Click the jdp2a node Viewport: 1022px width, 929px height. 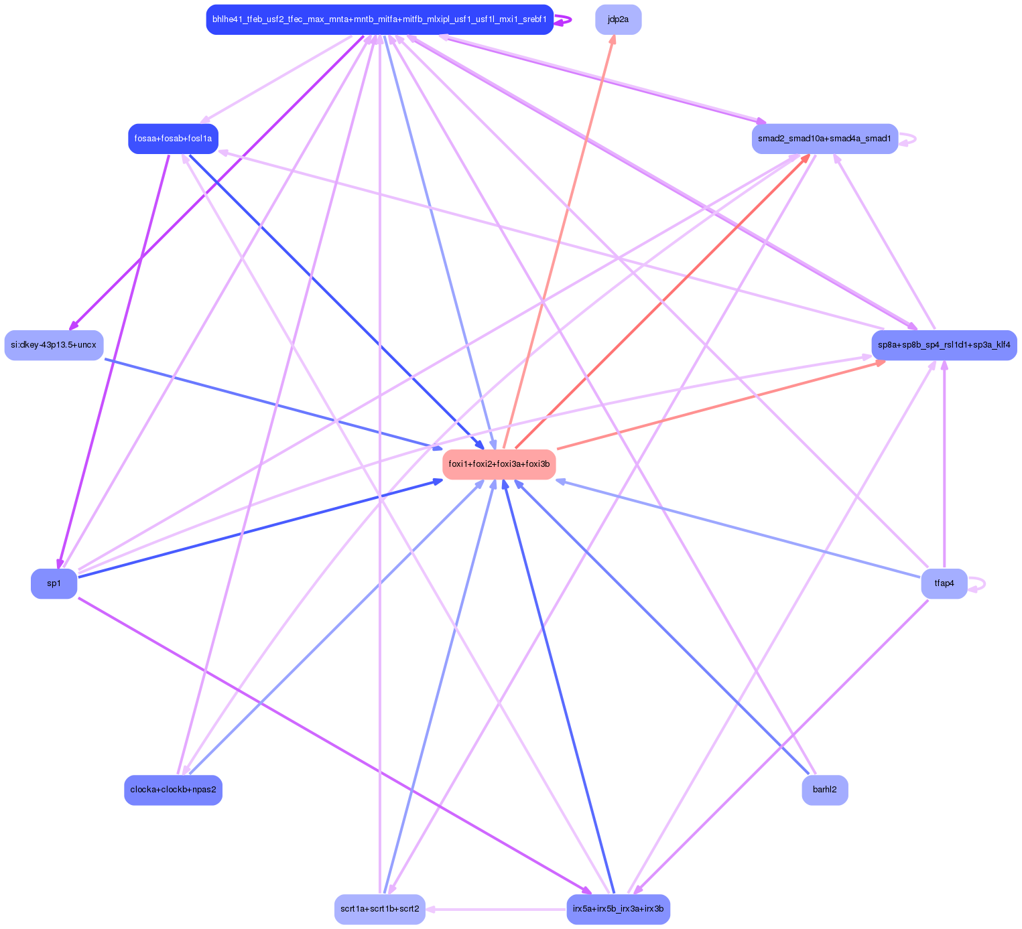click(x=618, y=19)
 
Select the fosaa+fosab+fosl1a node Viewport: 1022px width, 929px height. click(x=173, y=139)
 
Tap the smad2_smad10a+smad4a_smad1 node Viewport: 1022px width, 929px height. click(x=824, y=139)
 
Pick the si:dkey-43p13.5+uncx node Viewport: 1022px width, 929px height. click(x=54, y=345)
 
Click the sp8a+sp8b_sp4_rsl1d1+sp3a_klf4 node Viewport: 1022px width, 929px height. click(x=944, y=345)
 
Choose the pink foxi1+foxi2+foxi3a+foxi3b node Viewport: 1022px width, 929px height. click(x=499, y=464)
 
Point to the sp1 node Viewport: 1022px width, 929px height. click(x=54, y=583)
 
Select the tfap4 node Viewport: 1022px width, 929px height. click(x=944, y=583)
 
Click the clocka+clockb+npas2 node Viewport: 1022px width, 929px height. click(x=173, y=790)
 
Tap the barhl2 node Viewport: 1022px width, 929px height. click(x=824, y=790)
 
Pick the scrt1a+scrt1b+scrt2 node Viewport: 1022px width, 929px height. click(x=379, y=909)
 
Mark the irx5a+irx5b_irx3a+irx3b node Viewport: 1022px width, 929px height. click(x=618, y=909)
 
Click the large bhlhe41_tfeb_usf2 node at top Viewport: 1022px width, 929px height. click(x=379, y=19)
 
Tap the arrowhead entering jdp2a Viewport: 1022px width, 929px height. click(x=613, y=40)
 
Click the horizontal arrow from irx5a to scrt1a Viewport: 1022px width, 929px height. click(x=496, y=909)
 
